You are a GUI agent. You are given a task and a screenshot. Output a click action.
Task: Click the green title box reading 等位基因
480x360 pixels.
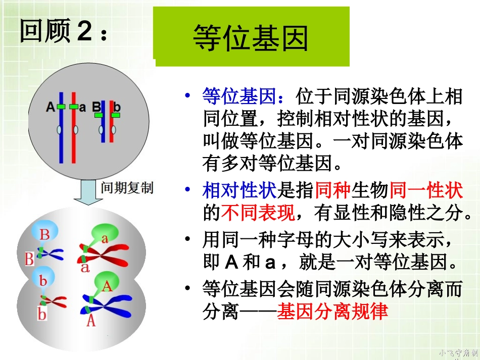coord(251,36)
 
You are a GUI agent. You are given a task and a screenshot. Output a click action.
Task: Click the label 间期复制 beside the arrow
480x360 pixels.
coord(127,188)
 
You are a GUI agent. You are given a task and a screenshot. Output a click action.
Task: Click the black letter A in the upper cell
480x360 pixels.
coord(50,107)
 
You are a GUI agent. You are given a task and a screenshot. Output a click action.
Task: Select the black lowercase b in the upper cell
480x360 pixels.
coord(117,107)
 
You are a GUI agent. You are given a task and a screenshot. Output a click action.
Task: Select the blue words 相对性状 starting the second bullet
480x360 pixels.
coord(239,191)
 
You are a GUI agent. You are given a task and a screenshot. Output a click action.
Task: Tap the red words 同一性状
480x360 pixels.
coord(425,191)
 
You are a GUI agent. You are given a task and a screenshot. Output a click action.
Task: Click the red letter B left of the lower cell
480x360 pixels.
coord(29,259)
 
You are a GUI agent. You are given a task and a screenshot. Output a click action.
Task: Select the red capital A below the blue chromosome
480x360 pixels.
coord(91,320)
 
